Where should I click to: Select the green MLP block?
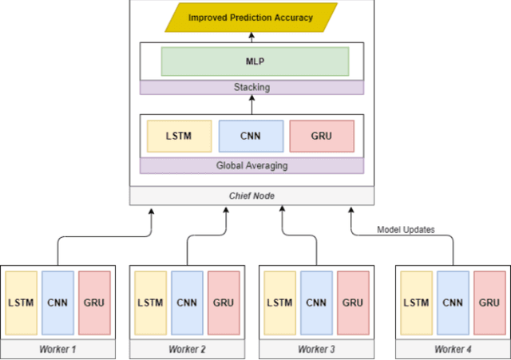point(255,61)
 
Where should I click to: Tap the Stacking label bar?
point(252,87)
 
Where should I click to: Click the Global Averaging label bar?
point(252,165)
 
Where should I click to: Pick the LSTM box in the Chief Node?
point(180,136)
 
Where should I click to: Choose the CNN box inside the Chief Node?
point(251,136)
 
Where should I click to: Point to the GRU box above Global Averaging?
point(321,136)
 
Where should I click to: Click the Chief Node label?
point(252,196)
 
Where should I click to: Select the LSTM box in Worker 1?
point(21,303)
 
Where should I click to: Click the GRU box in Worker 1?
point(94,303)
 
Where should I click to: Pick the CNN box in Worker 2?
point(187,303)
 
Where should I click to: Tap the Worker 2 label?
point(188,349)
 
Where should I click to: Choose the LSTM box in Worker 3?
point(280,303)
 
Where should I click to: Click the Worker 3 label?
point(317,349)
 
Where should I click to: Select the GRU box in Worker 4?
point(489,303)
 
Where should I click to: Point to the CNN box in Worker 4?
point(453,303)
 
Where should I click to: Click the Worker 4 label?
point(453,349)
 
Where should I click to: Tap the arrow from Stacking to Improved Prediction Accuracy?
point(252,37)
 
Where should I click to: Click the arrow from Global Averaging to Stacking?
point(252,105)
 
